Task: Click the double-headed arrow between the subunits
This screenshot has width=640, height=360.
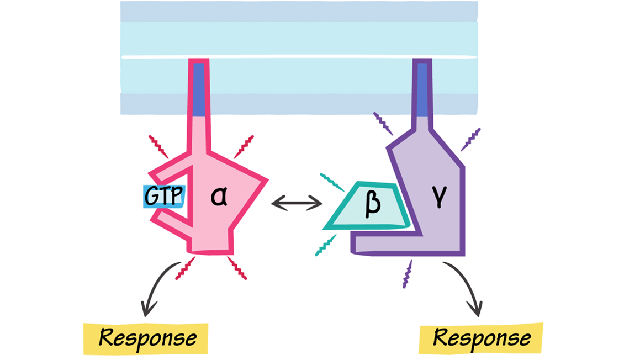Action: (x=297, y=204)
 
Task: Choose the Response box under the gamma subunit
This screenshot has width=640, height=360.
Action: (x=481, y=338)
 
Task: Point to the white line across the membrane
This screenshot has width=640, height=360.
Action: (x=298, y=57)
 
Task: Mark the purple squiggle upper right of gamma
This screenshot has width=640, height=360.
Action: (x=470, y=139)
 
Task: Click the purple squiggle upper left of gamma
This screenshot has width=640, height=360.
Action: (x=383, y=124)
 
